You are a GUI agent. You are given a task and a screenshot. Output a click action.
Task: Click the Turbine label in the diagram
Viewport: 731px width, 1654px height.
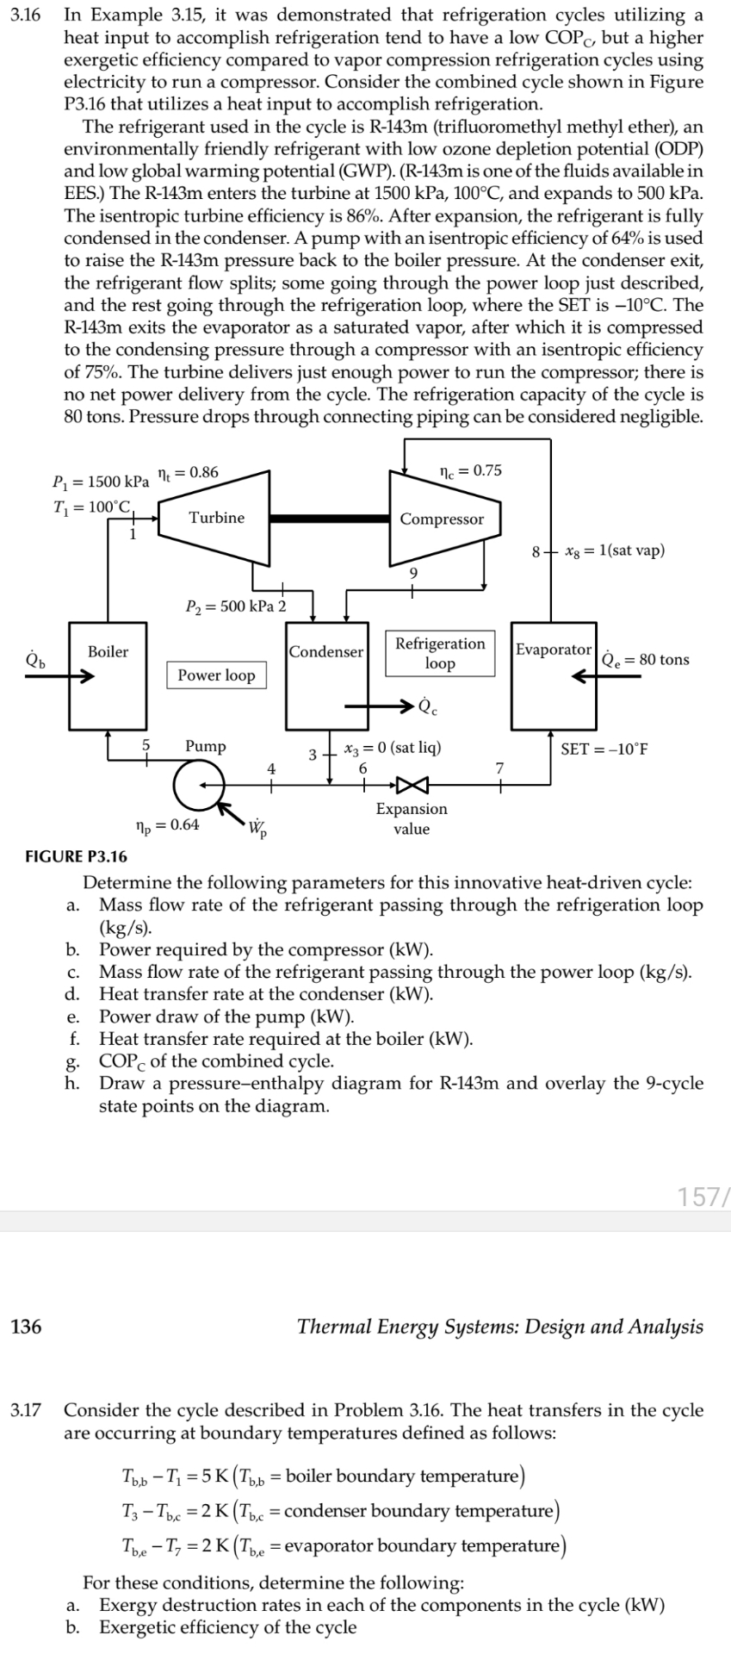pyautogui.click(x=216, y=518)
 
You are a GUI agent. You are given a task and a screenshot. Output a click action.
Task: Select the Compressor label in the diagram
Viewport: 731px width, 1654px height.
pyautogui.click(x=442, y=519)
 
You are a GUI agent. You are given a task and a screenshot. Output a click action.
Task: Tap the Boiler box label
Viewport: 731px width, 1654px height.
pyautogui.click(x=108, y=652)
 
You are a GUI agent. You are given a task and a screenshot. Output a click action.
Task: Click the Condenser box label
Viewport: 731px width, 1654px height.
pyautogui.click(x=326, y=652)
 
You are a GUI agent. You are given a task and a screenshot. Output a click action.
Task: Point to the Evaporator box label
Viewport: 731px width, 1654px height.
pyautogui.click(x=554, y=650)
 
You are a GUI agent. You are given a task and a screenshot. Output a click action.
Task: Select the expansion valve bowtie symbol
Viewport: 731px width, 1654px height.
pyautogui.click(x=411, y=785)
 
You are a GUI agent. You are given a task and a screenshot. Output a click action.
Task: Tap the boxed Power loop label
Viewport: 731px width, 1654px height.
pyautogui.click(x=216, y=675)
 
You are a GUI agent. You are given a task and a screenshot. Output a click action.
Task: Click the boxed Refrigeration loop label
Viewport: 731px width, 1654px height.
pyautogui.click(x=440, y=654)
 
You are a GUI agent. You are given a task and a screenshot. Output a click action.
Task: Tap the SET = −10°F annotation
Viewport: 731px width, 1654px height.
pyautogui.click(x=604, y=749)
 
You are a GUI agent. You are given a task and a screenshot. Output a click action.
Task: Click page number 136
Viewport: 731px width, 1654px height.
pyautogui.click(x=27, y=1327)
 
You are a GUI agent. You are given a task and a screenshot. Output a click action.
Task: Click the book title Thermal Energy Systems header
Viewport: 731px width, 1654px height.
pyautogui.click(x=499, y=1327)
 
